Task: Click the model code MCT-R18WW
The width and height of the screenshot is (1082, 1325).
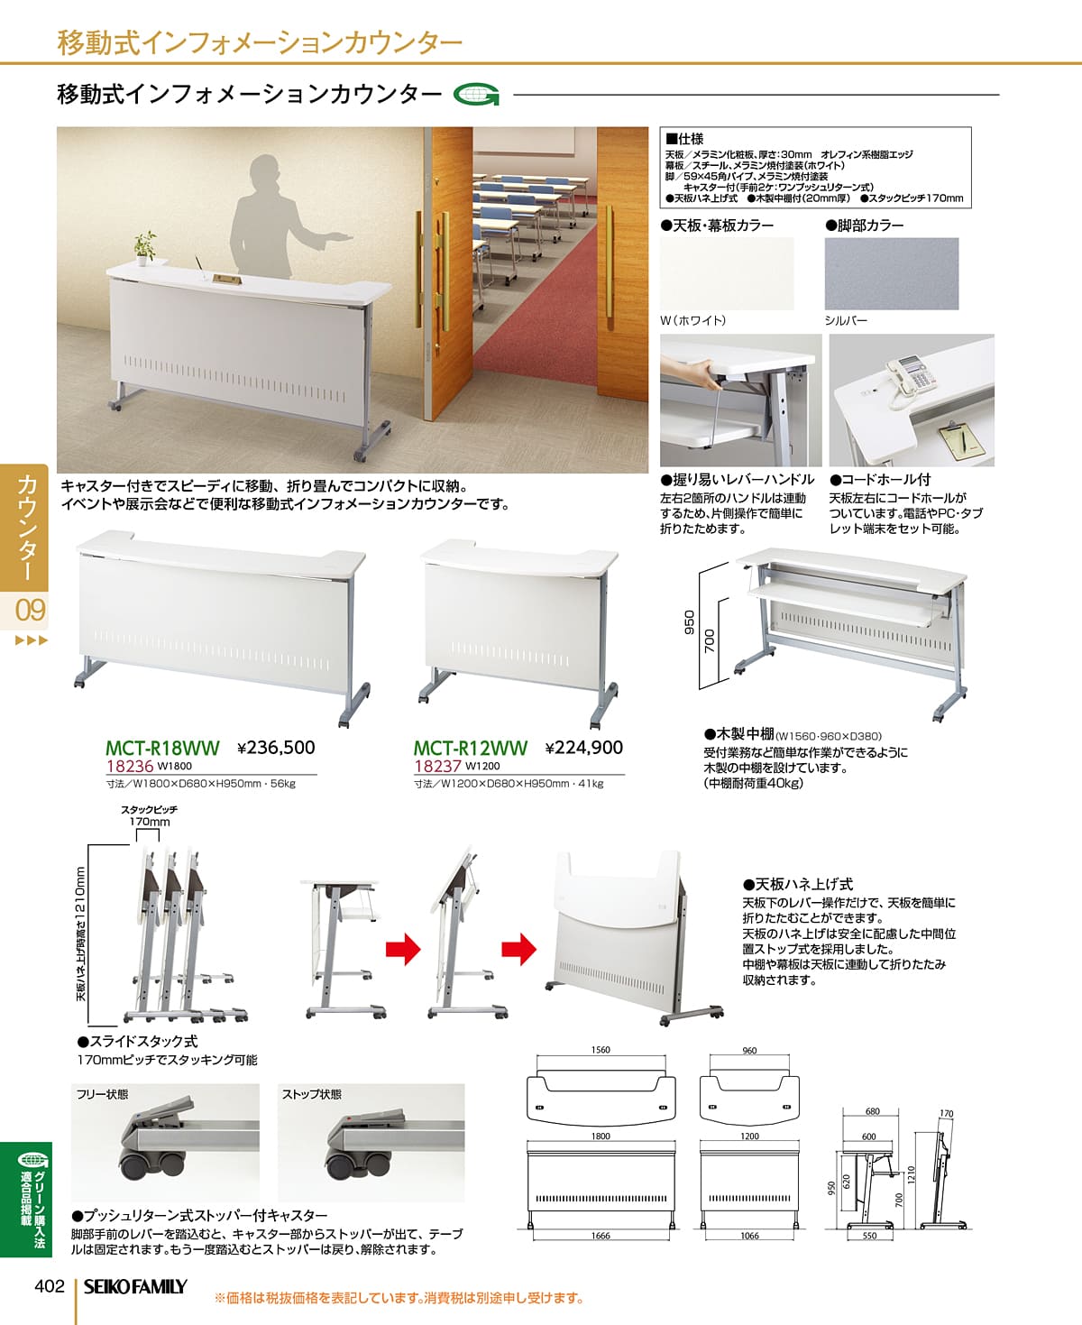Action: pyautogui.click(x=162, y=749)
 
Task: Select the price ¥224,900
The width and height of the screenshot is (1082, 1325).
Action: pyautogui.click(x=584, y=748)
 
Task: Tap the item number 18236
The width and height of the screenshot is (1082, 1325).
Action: pyautogui.click(x=129, y=767)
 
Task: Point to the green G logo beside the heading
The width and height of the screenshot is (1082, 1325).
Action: pyautogui.click(x=477, y=95)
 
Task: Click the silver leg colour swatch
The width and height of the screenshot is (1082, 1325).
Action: pyautogui.click(x=891, y=273)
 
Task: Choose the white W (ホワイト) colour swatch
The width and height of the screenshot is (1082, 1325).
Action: pyautogui.click(x=727, y=273)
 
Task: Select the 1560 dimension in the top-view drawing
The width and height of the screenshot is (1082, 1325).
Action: pyautogui.click(x=601, y=1050)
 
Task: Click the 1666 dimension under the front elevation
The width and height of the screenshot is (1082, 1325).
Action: pyautogui.click(x=601, y=1236)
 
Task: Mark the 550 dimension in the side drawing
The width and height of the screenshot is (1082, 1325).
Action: pyautogui.click(x=869, y=1236)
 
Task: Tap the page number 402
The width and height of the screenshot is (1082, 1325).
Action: pyautogui.click(x=50, y=1285)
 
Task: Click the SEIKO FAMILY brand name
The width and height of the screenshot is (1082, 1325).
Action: pyautogui.click(x=135, y=1287)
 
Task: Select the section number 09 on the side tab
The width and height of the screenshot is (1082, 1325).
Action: pyautogui.click(x=30, y=610)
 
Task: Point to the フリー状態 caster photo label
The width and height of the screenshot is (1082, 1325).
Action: pyautogui.click(x=102, y=1094)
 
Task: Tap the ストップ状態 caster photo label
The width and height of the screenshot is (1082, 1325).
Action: pyautogui.click(x=311, y=1094)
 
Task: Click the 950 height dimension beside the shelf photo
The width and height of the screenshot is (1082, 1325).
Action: pyautogui.click(x=690, y=621)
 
